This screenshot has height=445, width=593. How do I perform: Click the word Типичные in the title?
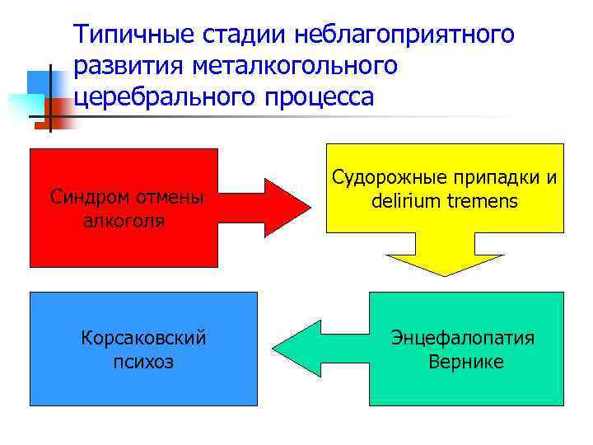[128, 35]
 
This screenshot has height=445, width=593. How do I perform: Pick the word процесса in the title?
[319, 96]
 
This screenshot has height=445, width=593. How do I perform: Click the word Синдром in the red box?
[86, 198]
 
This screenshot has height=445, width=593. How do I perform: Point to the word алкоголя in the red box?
[124, 221]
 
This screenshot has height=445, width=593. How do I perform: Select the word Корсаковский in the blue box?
[143, 338]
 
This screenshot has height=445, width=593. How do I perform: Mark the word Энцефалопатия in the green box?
[463, 338]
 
